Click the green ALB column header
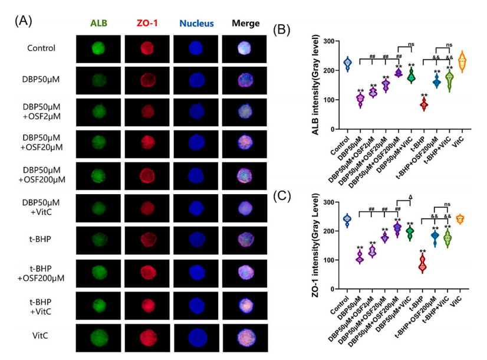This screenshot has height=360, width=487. (x=99, y=24)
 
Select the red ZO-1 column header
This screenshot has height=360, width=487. (x=147, y=24)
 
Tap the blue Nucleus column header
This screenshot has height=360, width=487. (x=196, y=24)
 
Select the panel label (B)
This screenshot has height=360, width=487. (x=281, y=30)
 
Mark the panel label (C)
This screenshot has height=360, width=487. (x=281, y=194)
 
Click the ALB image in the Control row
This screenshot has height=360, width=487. (x=99, y=48)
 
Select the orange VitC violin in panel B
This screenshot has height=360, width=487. (x=462, y=61)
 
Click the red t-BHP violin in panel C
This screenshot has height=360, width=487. (x=422, y=264)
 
